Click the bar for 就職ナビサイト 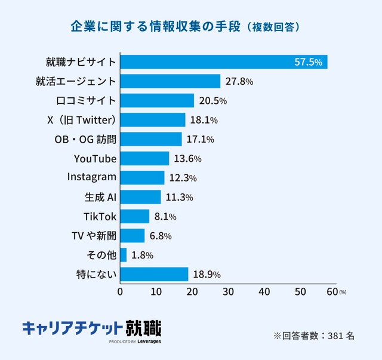click(x=224, y=61)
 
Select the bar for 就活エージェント click(x=171, y=81)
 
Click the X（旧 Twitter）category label click(x=81, y=120)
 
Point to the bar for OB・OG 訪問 click(x=151, y=139)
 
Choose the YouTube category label click(x=95, y=159)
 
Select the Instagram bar click(x=142, y=178)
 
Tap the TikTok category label click(x=100, y=216)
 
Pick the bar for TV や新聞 click(x=133, y=236)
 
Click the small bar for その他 click(x=124, y=255)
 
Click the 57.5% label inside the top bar click(x=309, y=62)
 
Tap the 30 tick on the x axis click(x=228, y=292)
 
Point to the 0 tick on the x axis click(x=121, y=292)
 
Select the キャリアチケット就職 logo click(x=91, y=330)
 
